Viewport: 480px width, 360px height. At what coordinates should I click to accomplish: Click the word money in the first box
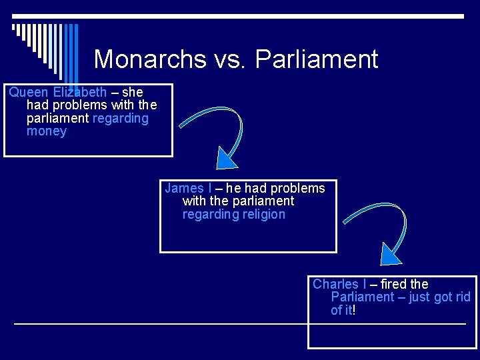tap(47, 131)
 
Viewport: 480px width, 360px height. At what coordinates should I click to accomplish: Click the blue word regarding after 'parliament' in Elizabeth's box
tap(121, 118)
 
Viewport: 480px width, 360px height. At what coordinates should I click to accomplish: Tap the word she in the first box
tap(132, 92)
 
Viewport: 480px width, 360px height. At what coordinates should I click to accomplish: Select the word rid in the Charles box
tap(463, 297)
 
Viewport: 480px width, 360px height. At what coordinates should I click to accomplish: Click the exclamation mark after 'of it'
tap(354, 310)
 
